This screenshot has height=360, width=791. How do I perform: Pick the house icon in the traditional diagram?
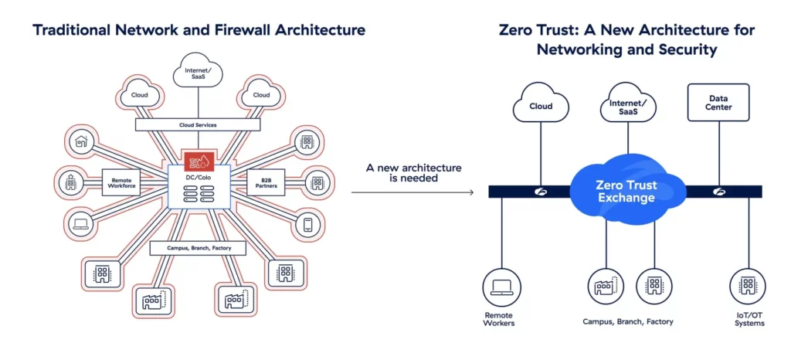pyautogui.click(x=80, y=142)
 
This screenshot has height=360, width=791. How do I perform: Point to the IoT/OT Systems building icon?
pyautogui.click(x=746, y=287)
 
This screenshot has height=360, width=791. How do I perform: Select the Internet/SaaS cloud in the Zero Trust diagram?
pyautogui.click(x=628, y=104)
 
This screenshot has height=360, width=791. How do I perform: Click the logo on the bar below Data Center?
pyautogui.click(x=719, y=192)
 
